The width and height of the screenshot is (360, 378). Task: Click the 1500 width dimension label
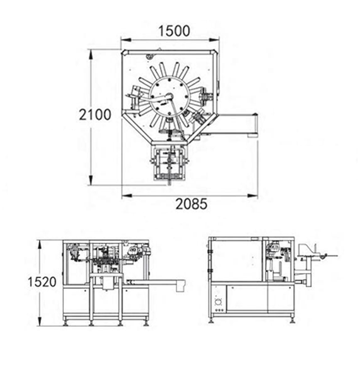coord(174,31)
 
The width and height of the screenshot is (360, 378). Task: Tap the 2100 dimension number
coord(95,114)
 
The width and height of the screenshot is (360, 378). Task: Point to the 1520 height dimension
coord(42,282)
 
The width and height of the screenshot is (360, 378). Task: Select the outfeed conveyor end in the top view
coord(254,126)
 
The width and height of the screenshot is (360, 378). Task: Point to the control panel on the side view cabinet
coord(218,302)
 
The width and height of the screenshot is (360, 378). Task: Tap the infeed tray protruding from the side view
coord(316,256)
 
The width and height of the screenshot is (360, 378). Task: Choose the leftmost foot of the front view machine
coord(66,322)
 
